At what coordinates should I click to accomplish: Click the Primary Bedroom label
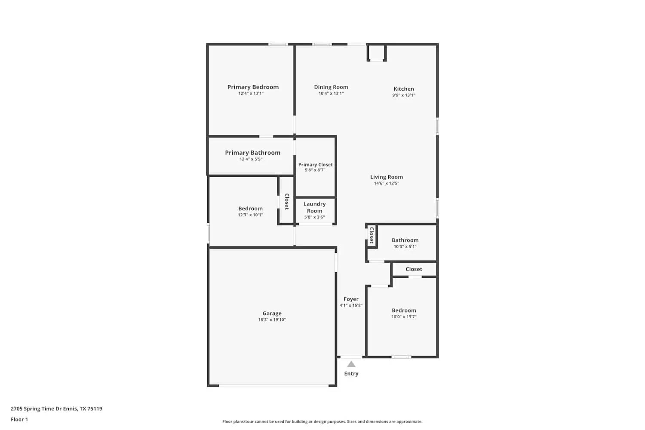(253, 87)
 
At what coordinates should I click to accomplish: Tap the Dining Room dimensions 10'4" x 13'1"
(331, 93)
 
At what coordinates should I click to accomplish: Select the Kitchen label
(403, 89)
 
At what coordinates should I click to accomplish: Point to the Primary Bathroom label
(252, 153)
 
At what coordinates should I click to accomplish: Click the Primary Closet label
(315, 165)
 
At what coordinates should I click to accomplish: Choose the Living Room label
(386, 177)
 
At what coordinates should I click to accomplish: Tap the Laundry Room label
(314, 207)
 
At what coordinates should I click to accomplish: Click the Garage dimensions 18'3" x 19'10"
(272, 319)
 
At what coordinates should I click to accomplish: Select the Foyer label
(351, 299)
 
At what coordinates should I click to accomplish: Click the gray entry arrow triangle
(351, 364)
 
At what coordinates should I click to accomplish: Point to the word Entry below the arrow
(351, 374)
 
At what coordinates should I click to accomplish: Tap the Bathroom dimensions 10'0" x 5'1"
(405, 246)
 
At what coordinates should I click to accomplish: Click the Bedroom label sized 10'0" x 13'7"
(404, 310)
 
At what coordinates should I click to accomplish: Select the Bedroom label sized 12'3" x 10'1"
(250, 209)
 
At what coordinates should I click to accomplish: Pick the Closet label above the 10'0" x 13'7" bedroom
(414, 269)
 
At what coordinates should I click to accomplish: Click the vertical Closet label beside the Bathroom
(372, 236)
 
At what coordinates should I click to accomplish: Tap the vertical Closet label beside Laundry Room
(286, 201)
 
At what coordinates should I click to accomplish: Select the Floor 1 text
(19, 420)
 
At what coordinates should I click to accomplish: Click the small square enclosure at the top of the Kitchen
(377, 52)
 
